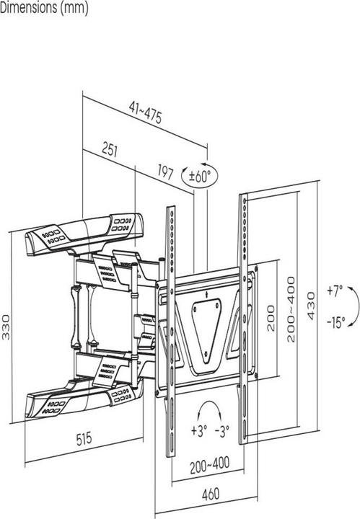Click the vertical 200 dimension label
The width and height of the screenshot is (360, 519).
(x=271, y=317)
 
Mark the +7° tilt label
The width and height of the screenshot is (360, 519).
(x=334, y=292)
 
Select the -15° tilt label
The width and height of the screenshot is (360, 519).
(x=335, y=320)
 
